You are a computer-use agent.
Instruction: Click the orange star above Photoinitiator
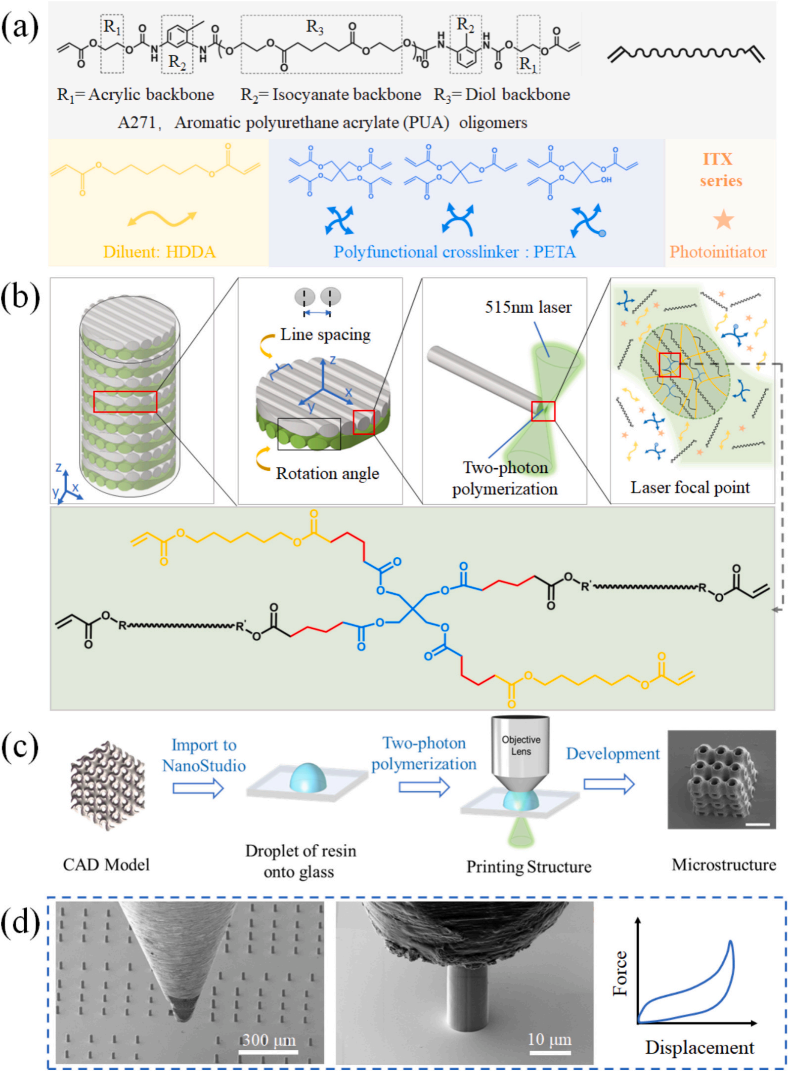pos(723,220)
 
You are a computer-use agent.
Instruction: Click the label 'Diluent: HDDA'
pos(159,252)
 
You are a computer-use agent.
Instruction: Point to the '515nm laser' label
pos(528,307)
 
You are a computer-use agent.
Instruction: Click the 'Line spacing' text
pos(325,334)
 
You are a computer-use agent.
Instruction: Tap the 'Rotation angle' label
pos(327,473)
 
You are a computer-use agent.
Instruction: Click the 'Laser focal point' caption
pos(690,488)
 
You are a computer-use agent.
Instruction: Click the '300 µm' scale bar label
pos(268,1039)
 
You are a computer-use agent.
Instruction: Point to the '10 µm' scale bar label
pos(549,1039)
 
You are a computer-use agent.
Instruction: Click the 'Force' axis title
pos(620,973)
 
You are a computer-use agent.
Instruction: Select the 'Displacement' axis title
pos(699,1047)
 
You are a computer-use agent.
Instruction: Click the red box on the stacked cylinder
pos(125,402)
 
